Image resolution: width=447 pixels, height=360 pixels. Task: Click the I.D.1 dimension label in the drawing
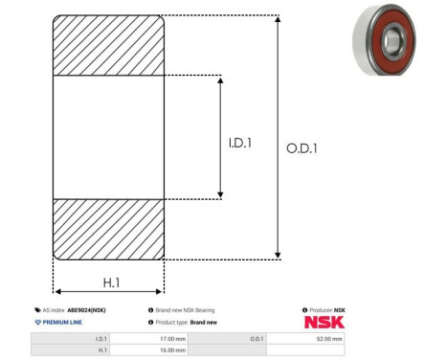point(240,143)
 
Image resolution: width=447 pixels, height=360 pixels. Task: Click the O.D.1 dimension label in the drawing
point(302,148)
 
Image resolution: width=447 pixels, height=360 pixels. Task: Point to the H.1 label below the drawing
point(111,282)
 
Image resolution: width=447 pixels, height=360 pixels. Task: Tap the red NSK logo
point(324,323)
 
